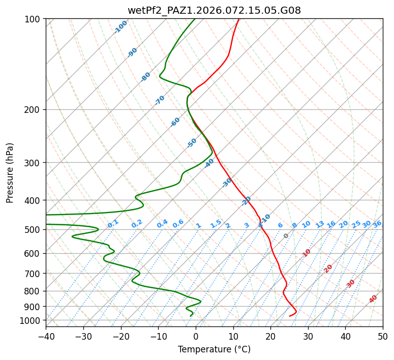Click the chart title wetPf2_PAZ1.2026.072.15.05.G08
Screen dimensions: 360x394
click(214, 10)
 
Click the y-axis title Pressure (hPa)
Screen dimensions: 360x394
click(10, 172)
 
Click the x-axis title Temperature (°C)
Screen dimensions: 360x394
click(214, 349)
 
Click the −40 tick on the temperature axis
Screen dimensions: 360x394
click(46, 336)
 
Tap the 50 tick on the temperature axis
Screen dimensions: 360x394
click(383, 336)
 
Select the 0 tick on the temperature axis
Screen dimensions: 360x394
click(196, 336)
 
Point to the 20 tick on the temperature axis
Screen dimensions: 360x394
click(270, 336)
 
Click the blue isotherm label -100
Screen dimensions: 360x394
click(121, 27)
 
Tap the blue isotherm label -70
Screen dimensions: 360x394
click(160, 100)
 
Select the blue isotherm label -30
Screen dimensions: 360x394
click(227, 183)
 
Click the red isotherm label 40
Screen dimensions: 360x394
click(373, 299)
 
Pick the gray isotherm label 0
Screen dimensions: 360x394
click(286, 236)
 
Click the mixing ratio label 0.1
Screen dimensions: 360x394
click(113, 223)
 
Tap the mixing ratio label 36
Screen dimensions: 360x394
click(377, 224)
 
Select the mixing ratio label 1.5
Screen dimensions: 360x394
click(216, 223)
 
